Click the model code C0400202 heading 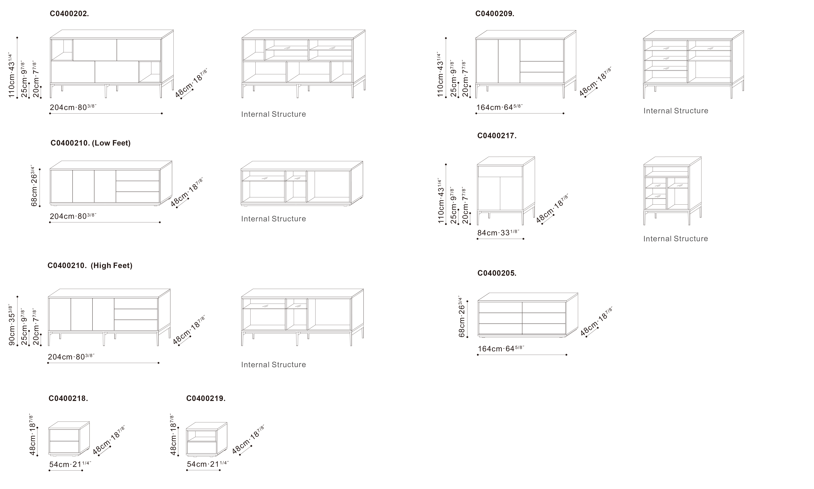tap(69, 14)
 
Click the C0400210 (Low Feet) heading tap(90, 143)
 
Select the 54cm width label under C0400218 tap(70, 464)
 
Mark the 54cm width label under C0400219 tap(208, 464)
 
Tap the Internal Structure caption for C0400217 tap(676, 239)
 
